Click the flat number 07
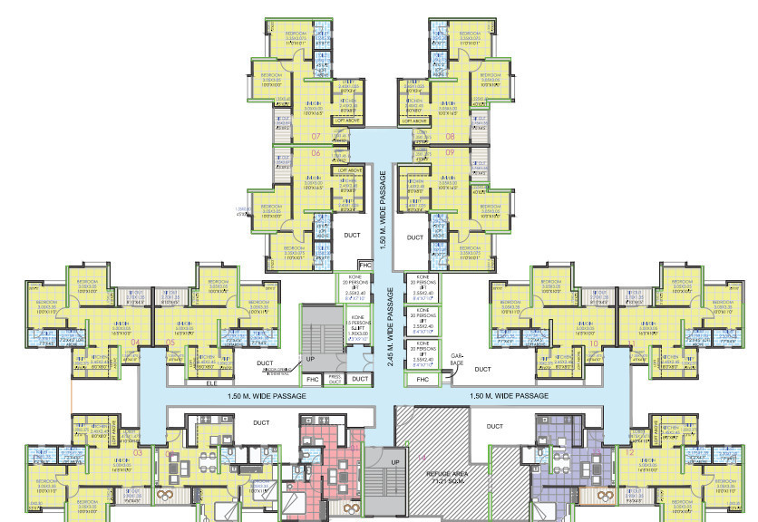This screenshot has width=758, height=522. pos(316,137)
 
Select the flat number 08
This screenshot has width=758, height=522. pos(450,137)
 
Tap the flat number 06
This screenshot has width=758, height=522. pos(316,153)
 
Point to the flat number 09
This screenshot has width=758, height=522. pos(450,153)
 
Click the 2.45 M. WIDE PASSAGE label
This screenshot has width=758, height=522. pos(390,325)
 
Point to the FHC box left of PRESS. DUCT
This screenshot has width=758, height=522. pos(312,379)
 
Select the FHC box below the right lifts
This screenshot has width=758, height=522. pos(422,379)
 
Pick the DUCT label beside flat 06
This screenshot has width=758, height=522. pos(352,237)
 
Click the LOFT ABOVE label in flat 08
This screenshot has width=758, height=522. pos(423,120)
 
